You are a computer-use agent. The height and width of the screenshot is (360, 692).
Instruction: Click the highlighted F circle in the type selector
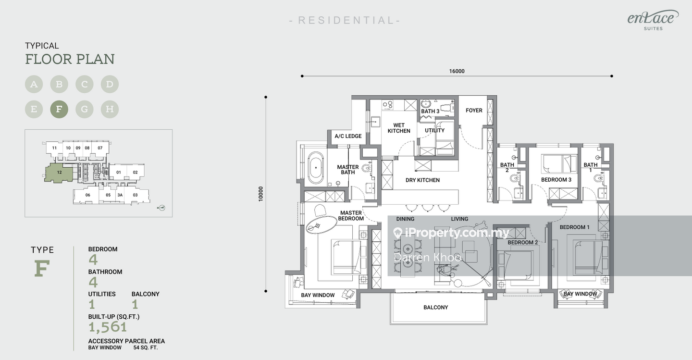[59, 109]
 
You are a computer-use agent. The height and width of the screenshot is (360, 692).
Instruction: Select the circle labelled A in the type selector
[34, 84]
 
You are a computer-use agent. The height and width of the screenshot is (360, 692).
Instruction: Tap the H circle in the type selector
[110, 109]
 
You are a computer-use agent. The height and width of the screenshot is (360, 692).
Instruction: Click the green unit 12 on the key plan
[59, 173]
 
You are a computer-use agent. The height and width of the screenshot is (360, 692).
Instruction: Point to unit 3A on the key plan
[120, 195]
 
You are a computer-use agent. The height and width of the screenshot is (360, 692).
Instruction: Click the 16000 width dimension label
[457, 71]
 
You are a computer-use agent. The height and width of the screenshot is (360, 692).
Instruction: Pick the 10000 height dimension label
[261, 194]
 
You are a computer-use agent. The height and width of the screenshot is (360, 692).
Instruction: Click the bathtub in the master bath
[316, 167]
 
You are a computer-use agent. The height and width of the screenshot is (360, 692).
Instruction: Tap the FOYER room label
[474, 111]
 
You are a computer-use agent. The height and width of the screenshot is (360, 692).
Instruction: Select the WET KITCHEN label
[399, 128]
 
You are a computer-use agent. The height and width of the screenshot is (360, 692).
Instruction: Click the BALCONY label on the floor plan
[435, 307]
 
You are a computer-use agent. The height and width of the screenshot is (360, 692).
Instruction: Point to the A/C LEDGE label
[348, 136]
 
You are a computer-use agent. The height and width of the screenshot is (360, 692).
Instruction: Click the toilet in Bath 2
[514, 178]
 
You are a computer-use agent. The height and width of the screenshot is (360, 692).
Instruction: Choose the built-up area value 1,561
[108, 327]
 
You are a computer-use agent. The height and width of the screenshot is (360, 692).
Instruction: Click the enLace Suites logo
[653, 20]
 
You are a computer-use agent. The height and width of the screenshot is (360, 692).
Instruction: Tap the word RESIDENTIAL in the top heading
[345, 20]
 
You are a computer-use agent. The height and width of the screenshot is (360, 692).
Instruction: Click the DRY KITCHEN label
[422, 180]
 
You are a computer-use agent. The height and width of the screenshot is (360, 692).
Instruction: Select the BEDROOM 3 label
[556, 180]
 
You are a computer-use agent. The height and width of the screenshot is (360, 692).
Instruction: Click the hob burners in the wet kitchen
[388, 104]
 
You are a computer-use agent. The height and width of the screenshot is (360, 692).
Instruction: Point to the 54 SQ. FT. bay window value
[146, 348]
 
